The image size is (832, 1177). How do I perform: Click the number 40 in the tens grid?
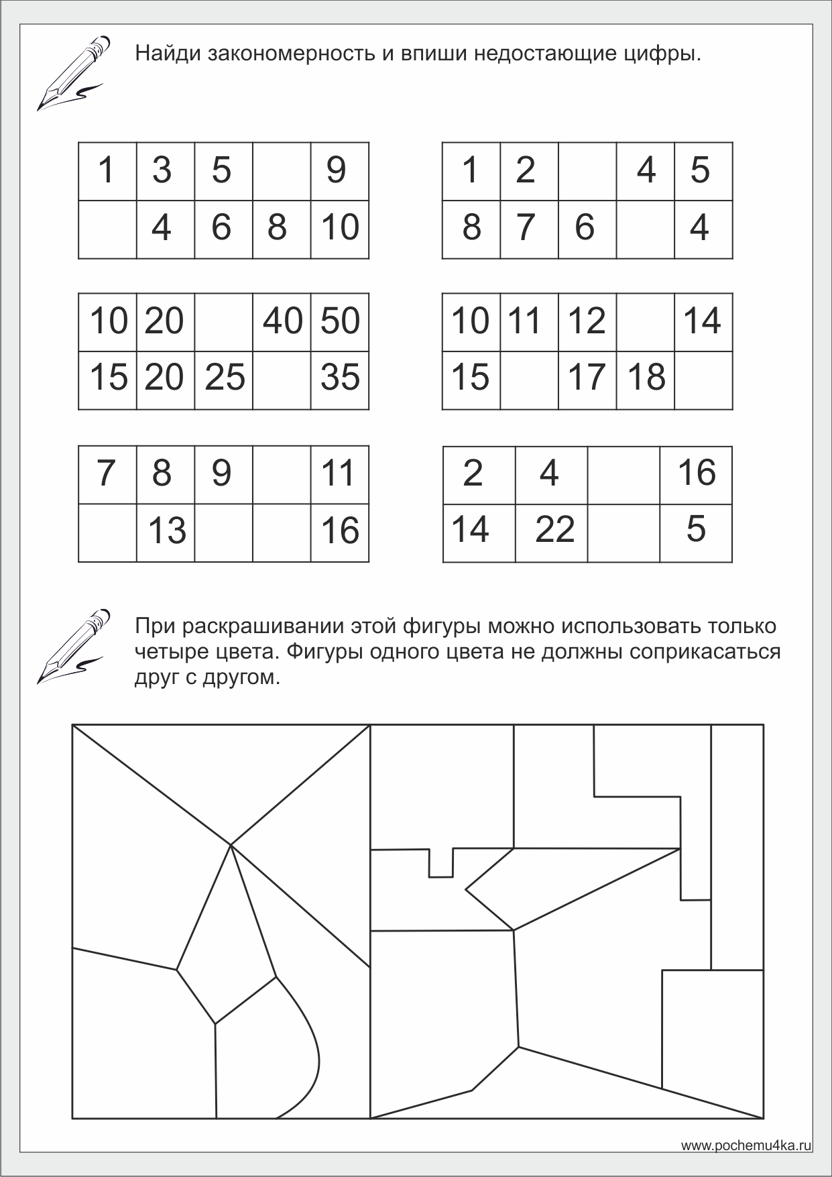coord(282,321)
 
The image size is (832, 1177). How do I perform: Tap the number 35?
coord(340,377)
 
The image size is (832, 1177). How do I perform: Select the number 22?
coord(554,530)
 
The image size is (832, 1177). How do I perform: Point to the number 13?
coord(166,532)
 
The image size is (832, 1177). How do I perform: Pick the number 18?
coord(646,377)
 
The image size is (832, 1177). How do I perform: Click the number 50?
coord(340,321)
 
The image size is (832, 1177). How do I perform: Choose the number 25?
coord(225,377)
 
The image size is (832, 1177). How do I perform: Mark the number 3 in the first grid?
coord(162,170)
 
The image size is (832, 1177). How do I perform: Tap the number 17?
coord(587,377)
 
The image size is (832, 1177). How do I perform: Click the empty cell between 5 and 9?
coord(282,171)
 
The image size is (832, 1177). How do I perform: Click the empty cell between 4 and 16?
coord(623,475)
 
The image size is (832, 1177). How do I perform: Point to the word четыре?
coord(168,652)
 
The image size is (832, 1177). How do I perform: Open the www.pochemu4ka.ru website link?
coord(747,1145)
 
